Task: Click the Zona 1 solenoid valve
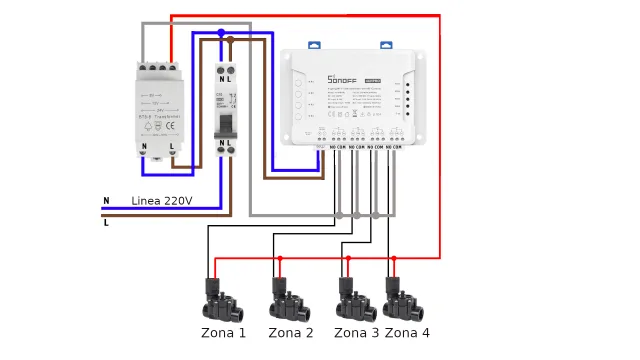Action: (222, 298)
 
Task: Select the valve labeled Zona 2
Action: (290, 298)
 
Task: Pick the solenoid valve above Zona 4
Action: (405, 298)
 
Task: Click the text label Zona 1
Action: (223, 333)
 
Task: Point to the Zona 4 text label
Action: (407, 333)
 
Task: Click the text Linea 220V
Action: (161, 201)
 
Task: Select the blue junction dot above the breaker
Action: (221, 33)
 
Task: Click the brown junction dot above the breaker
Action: (230, 40)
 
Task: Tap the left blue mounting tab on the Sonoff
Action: (313, 45)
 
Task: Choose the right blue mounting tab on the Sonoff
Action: (386, 45)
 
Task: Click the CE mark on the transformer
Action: (170, 126)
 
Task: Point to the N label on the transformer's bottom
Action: (144, 147)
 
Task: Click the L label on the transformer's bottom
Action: (172, 147)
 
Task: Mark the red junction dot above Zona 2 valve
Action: (280, 258)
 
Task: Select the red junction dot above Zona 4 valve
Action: (393, 258)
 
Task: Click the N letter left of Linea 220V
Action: (106, 201)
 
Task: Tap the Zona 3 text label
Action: (357, 333)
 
